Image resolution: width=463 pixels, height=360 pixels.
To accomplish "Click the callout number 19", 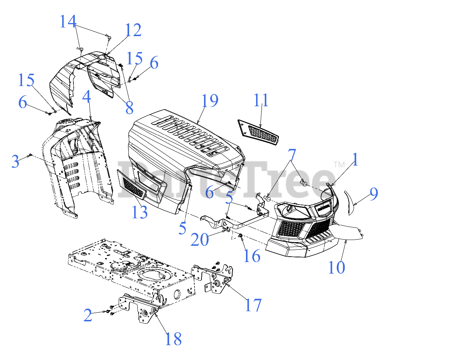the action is pos(210,101).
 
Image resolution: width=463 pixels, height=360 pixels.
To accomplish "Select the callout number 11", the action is pos(261,100).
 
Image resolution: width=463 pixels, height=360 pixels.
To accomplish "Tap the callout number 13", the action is pos(140,212).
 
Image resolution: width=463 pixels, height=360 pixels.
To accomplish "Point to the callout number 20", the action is pos(200,240).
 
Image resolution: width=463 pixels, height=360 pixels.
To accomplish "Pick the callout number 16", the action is pos(252,256).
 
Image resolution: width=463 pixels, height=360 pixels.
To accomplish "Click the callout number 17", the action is pos(253,305).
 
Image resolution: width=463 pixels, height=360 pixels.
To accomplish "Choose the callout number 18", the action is pos(173,339).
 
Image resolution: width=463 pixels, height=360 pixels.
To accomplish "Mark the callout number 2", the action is pos(88,316).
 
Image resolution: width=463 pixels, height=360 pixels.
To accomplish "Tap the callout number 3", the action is pos(15,162).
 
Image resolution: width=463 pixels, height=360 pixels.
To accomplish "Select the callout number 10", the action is pos(336,267).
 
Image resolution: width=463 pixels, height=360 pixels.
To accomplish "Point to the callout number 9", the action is pos(374,194).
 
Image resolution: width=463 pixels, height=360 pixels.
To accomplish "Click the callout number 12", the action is pos(133,30).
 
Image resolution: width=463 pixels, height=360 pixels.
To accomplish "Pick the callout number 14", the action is pos(68,22).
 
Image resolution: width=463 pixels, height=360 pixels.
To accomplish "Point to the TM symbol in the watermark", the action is pos(339,165).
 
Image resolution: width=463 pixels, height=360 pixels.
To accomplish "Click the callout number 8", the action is pos(129,108).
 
